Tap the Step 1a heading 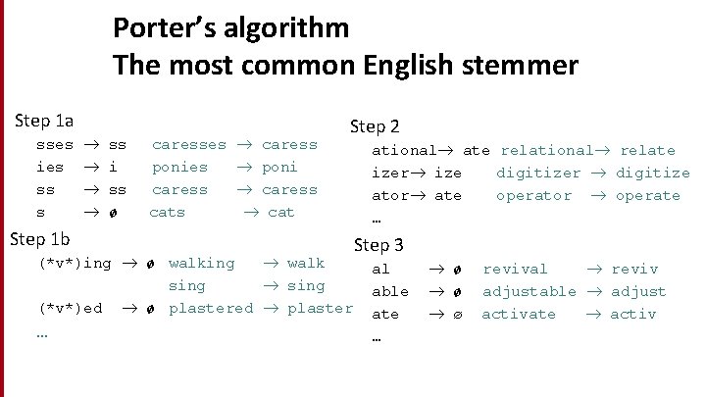tap(45, 121)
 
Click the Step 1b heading tap(39, 239)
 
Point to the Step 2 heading tap(375, 125)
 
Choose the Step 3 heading tap(378, 244)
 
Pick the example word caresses tap(188, 145)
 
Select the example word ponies tap(179, 168)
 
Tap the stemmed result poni tap(279, 168)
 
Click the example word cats tap(167, 212)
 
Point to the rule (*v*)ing tap(75, 264)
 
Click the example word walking tap(201, 263)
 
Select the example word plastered tap(211, 309)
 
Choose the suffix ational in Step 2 tap(403, 151)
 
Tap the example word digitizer tap(537, 174)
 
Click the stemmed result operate tap(647, 196)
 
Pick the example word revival tap(515, 270)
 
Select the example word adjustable tap(529, 292)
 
